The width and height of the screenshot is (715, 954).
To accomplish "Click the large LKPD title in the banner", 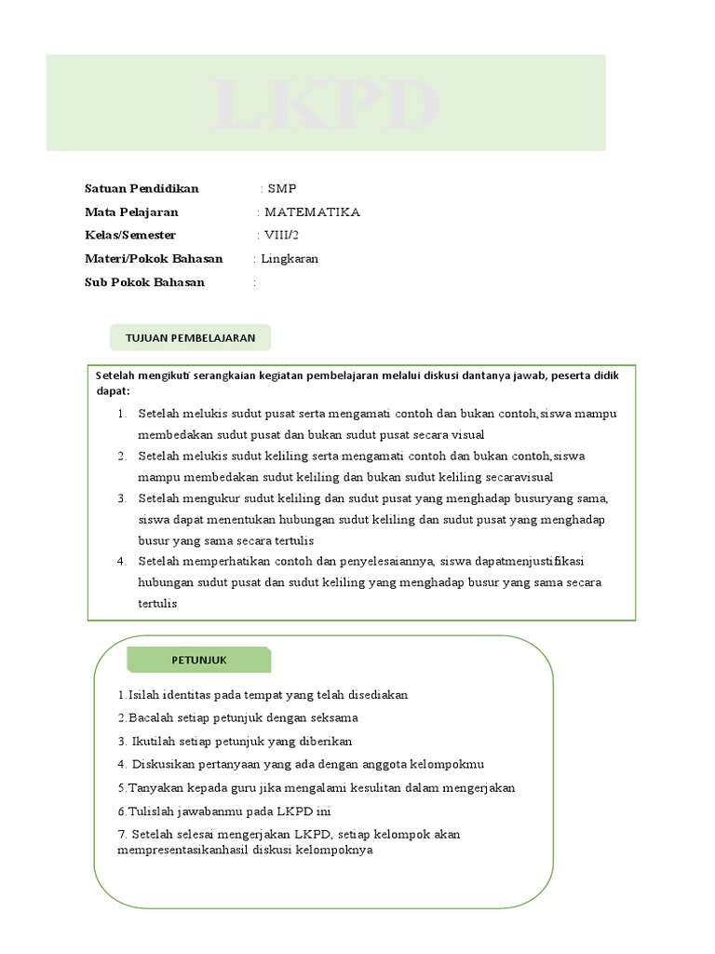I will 325,105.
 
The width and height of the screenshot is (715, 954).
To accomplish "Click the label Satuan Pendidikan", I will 142,189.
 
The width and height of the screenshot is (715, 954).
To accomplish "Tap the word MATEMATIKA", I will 312,212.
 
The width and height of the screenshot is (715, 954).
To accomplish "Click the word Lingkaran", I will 290,259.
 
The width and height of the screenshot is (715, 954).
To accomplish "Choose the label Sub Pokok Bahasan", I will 144,282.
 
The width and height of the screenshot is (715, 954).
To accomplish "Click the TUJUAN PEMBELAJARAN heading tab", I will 190,337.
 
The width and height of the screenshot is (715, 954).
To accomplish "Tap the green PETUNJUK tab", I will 199,660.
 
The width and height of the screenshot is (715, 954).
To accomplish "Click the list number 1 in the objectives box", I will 122,414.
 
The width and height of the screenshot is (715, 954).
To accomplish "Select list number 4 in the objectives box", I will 122,562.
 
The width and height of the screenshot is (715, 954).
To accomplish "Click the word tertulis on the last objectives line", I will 157,604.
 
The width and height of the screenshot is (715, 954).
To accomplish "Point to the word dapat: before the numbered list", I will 114,390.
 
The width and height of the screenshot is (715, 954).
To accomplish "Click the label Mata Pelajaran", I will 131,212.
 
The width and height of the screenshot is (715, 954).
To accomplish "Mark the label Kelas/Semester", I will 130,236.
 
